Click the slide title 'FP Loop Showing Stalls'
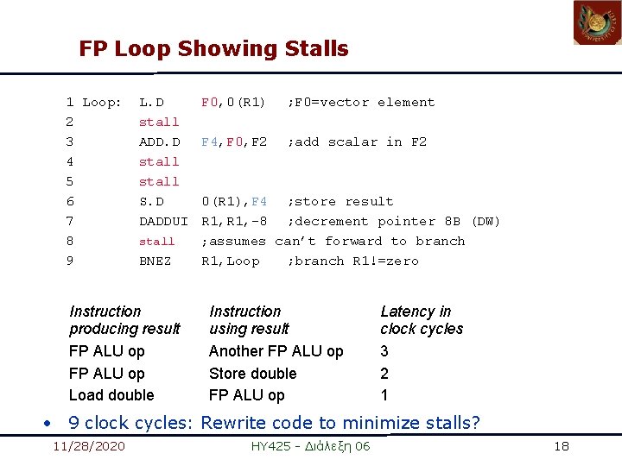pos(213,49)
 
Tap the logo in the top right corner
pos(597,23)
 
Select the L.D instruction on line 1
pos(151,103)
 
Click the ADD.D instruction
pos(159,142)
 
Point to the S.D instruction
pos(151,202)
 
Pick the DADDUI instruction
pos(163,222)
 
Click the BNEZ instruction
pos(155,261)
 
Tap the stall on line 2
pos(159,123)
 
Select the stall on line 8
pos(156,242)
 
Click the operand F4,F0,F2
pos(234,142)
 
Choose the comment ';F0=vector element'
pos(361,103)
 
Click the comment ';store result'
pos(340,202)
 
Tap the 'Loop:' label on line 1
pos(101,103)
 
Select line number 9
pos(70,261)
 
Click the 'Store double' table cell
pos(252,374)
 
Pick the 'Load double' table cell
pos(111,395)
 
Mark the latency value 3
pos(384,351)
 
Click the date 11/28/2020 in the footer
pos(89,446)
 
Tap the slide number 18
pos(562,446)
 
